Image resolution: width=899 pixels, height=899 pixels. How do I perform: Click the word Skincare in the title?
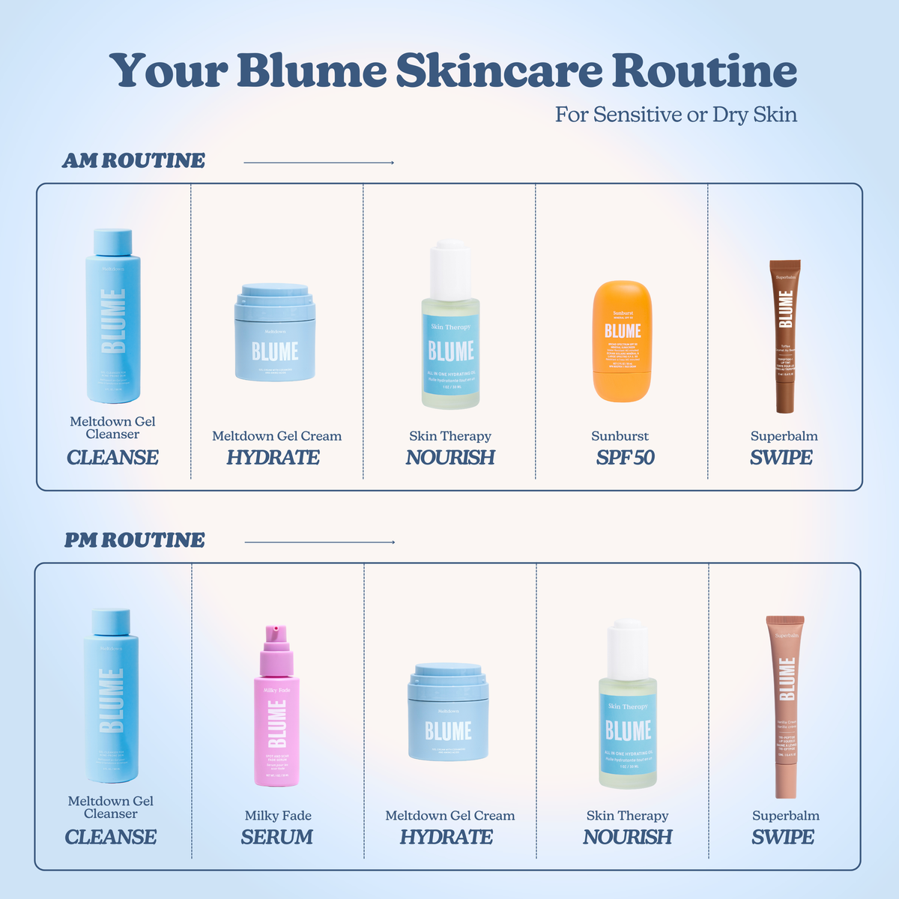[499, 71]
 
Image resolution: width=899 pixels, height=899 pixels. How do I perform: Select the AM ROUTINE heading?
[133, 161]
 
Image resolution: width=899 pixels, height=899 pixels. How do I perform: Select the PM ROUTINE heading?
[134, 541]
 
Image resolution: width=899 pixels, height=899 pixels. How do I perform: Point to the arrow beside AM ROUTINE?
[319, 163]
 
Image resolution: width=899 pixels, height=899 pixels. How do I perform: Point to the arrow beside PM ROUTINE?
[320, 542]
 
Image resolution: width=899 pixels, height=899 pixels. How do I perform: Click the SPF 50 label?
[625, 458]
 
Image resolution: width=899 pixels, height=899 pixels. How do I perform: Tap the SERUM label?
[276, 838]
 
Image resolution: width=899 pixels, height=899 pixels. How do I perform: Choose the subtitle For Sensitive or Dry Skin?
[676, 115]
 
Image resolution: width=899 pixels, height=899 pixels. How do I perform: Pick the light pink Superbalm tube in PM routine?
[786, 708]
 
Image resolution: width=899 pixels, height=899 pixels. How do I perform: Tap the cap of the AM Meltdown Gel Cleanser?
[113, 242]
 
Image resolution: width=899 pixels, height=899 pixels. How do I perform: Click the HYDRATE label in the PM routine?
[447, 838]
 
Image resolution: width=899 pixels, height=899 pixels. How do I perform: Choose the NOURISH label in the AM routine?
[450, 458]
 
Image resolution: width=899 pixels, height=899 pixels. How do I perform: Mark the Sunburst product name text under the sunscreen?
[620, 436]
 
